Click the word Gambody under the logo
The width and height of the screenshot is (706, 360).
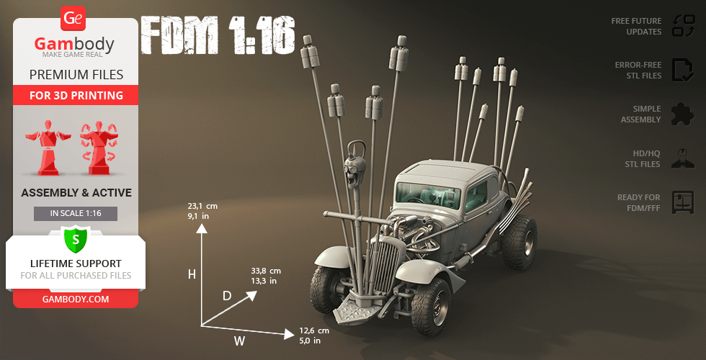tap(74, 45)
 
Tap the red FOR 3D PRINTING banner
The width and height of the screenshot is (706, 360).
tap(76, 95)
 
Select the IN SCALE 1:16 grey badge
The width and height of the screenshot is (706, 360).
tap(75, 214)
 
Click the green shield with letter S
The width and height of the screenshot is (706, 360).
tap(75, 238)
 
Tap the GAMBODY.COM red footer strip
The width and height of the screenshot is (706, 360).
tap(75, 299)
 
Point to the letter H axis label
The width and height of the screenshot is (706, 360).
tap(192, 274)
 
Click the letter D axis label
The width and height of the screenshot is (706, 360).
tap(226, 296)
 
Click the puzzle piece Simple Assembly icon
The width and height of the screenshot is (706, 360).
tap(682, 114)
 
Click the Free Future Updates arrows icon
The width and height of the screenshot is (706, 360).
tap(682, 26)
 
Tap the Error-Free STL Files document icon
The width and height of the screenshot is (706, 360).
tap(682, 70)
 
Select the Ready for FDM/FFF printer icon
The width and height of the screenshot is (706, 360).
tap(682, 202)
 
